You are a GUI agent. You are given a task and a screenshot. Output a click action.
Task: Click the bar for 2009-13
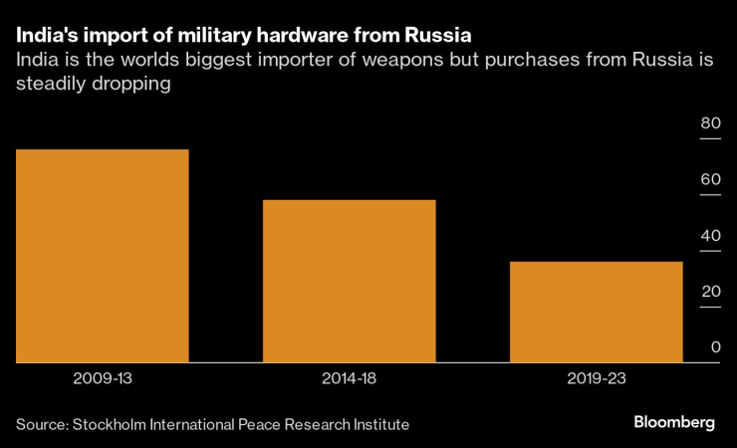pyautogui.click(x=102, y=256)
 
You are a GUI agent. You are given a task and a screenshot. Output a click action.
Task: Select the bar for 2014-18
pyautogui.click(x=349, y=281)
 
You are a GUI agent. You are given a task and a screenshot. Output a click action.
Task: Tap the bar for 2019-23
pyautogui.click(x=596, y=312)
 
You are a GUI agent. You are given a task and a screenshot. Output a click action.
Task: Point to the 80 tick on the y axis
pyautogui.click(x=710, y=123)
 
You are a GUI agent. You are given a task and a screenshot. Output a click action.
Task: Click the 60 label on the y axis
pyautogui.click(x=710, y=179)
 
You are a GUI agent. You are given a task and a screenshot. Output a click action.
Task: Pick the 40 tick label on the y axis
pyautogui.click(x=710, y=236)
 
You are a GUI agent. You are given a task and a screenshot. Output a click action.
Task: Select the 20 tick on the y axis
pyautogui.click(x=710, y=292)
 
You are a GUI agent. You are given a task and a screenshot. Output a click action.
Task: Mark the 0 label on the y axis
pyautogui.click(x=715, y=347)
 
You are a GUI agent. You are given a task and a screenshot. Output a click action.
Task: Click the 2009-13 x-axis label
pyautogui.click(x=102, y=379)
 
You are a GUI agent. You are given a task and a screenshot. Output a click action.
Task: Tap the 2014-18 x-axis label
pyautogui.click(x=349, y=379)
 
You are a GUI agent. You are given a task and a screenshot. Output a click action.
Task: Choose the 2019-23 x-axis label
pyautogui.click(x=596, y=379)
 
